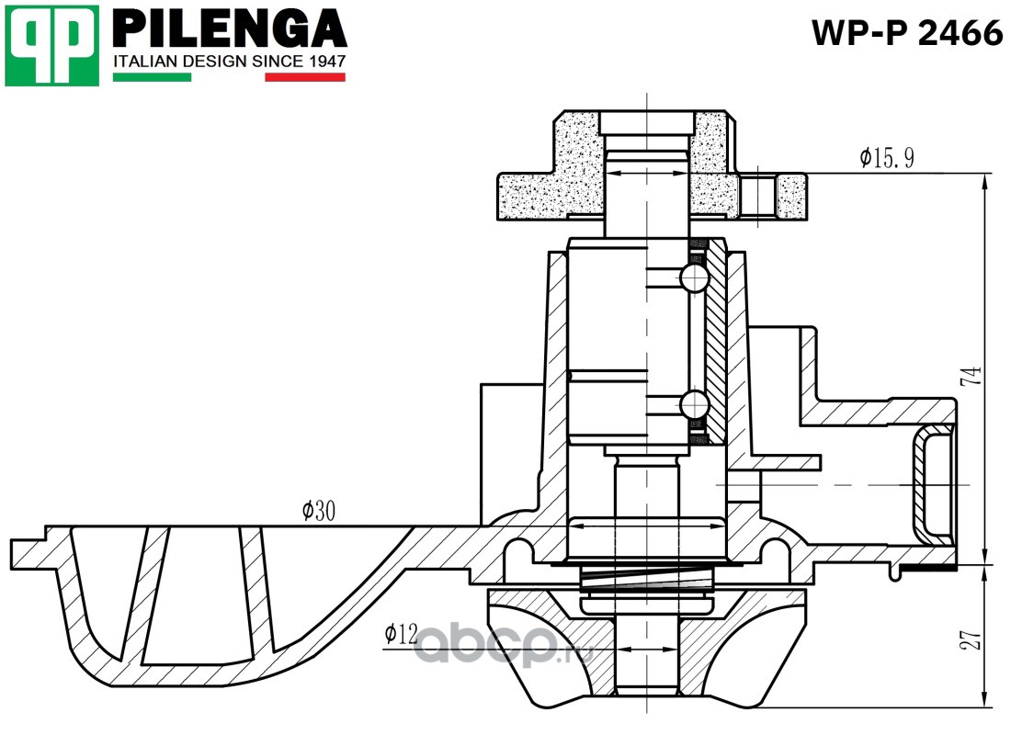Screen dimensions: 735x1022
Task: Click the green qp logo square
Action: pyautogui.click(x=51, y=45)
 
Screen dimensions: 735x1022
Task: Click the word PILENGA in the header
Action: pyautogui.click(x=229, y=29)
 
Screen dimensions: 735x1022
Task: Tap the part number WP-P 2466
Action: pyautogui.click(x=905, y=34)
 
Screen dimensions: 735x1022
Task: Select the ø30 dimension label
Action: pyautogui.click(x=318, y=511)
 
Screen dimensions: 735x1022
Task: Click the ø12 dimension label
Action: pyautogui.click(x=401, y=633)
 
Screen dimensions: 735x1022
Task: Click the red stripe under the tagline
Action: pyautogui.click(x=305, y=77)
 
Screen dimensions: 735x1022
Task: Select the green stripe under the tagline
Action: pyautogui.click(x=152, y=77)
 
